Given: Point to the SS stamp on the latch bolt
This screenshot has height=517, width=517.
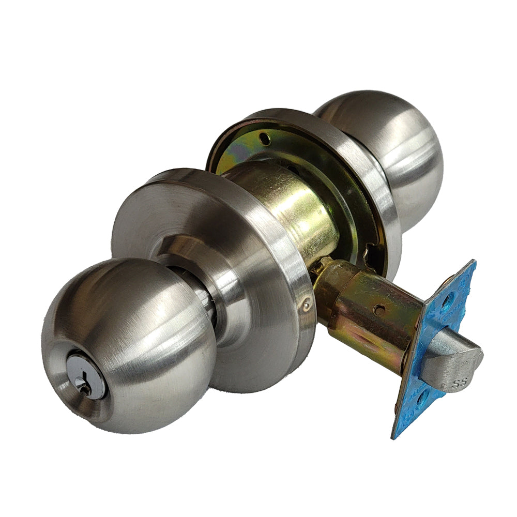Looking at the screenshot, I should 457,384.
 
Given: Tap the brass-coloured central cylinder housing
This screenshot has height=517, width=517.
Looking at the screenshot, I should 290,207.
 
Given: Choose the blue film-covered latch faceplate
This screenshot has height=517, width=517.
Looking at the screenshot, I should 434,357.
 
